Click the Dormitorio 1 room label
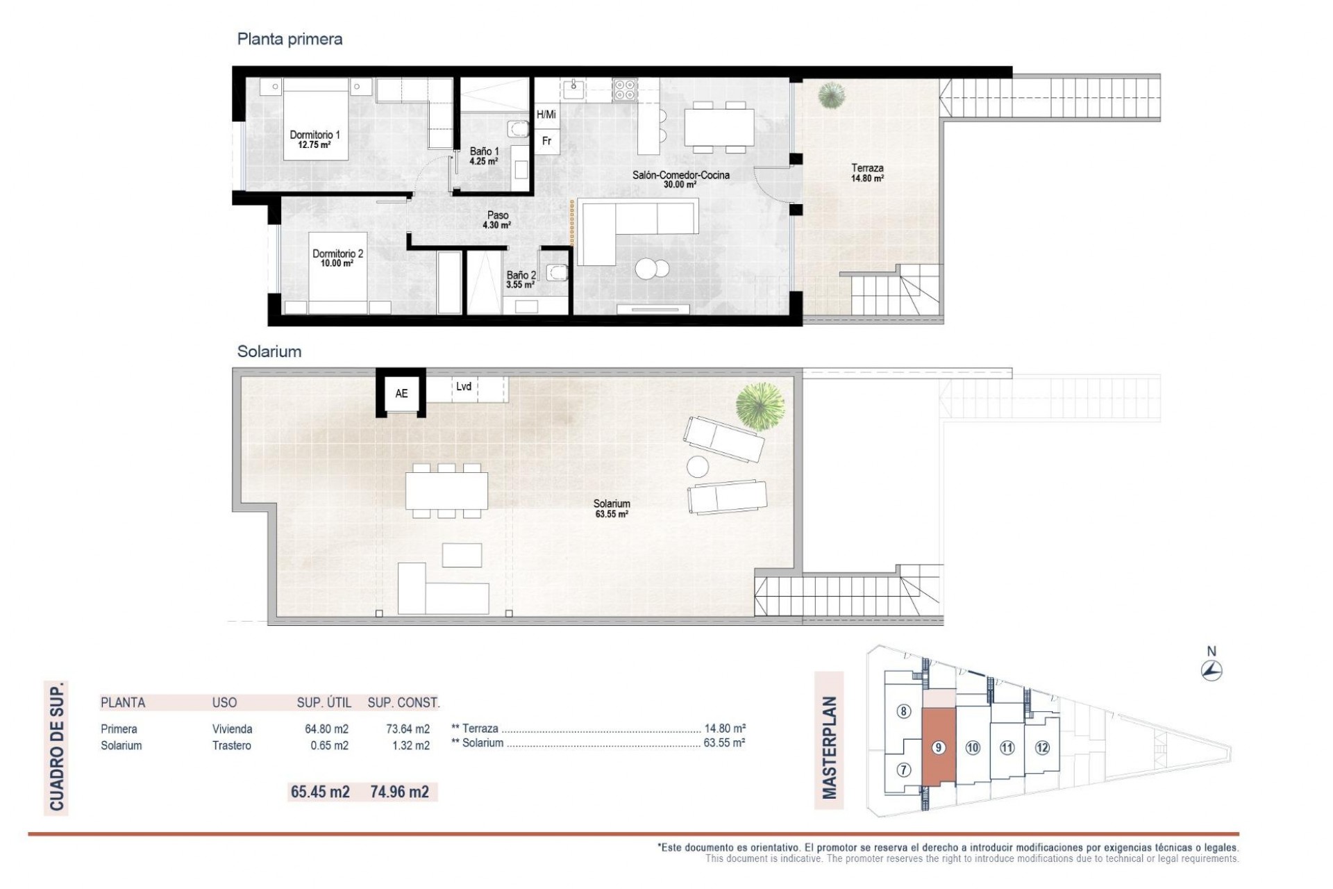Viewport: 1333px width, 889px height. point(315,139)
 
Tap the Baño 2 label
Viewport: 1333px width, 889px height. point(521,279)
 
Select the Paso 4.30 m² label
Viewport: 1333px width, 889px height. point(497,220)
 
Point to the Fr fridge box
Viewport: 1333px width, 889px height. point(547,141)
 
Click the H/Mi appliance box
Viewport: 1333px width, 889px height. point(546,115)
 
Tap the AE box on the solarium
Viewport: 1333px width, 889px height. point(401,394)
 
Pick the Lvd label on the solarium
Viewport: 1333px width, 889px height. point(464,387)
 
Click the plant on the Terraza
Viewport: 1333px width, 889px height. point(830,95)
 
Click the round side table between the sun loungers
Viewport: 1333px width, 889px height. point(698,465)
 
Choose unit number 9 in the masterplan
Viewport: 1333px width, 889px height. point(938,747)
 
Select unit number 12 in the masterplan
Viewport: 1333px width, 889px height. point(1041,747)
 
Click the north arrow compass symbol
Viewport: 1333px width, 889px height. point(1212,670)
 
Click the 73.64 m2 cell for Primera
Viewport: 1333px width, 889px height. point(408,729)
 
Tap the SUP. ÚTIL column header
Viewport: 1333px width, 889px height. point(324,702)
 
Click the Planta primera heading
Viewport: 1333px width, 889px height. point(290,39)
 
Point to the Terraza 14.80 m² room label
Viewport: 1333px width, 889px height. point(867,172)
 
